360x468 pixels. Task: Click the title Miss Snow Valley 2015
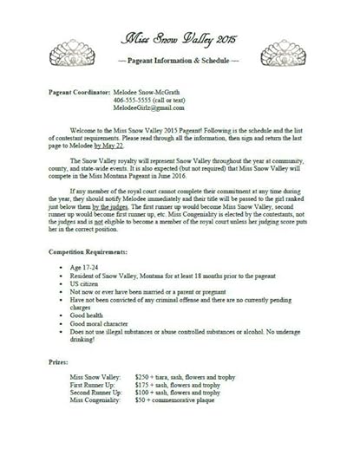pyautogui.click(x=180, y=40)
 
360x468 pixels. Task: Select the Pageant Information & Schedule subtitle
pyautogui.click(x=179, y=65)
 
